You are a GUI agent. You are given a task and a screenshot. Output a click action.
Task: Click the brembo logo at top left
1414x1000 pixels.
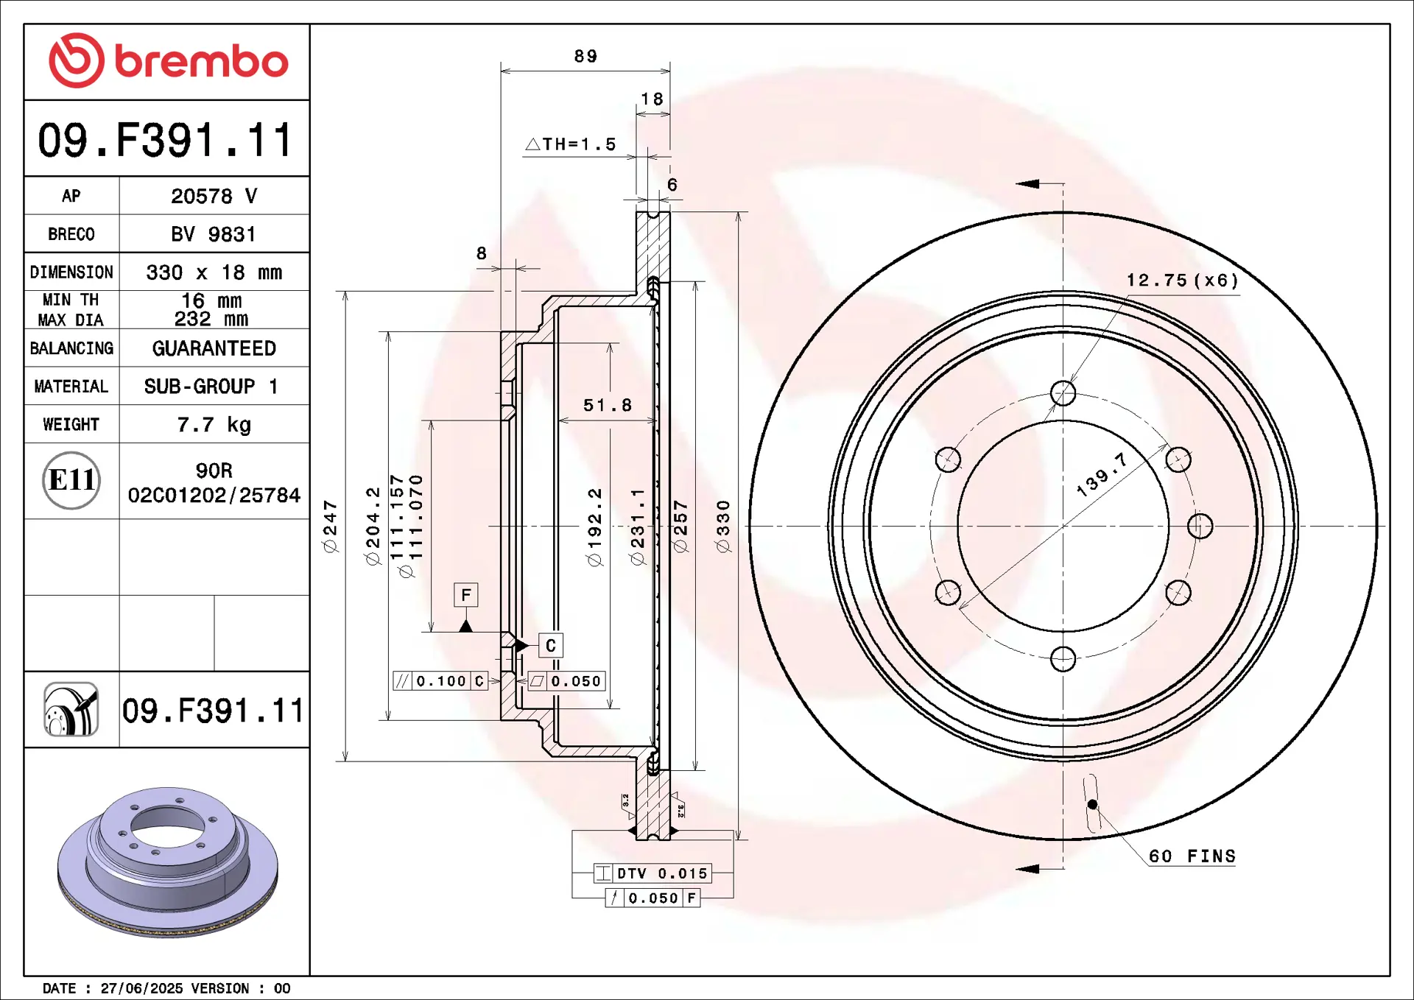coord(168,60)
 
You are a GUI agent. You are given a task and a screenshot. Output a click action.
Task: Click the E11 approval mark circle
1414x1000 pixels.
coord(71,480)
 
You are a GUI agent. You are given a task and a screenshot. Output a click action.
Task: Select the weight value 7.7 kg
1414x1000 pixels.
coord(214,424)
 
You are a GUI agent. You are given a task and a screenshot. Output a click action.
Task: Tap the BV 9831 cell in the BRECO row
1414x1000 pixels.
coord(214,234)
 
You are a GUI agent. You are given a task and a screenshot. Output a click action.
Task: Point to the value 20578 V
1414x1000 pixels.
coord(214,196)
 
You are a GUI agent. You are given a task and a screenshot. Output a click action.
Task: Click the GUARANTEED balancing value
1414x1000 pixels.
coord(214,348)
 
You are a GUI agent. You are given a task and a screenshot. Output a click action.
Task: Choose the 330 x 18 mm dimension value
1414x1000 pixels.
coord(214,272)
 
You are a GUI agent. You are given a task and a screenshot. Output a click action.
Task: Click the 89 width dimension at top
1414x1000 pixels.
coord(585,56)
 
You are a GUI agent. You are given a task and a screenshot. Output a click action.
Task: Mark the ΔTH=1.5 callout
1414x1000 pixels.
coord(571,144)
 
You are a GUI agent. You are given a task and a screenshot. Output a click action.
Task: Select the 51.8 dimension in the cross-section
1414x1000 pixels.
coord(608,405)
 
